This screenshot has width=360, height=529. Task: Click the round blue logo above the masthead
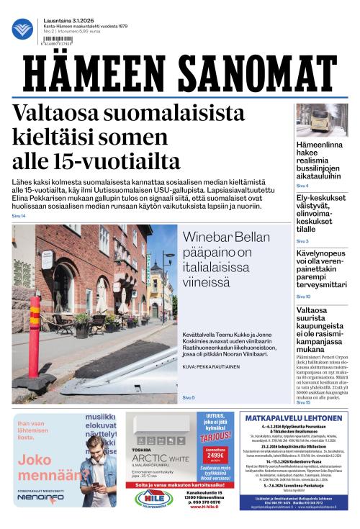[22, 29]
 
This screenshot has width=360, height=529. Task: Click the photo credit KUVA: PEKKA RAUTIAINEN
[212, 366]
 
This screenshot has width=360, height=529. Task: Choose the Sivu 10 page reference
[303, 297]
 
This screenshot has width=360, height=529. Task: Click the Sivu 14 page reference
[18, 216]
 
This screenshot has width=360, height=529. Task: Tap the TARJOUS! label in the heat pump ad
[215, 436]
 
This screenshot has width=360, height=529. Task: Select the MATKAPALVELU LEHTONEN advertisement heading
[292, 418]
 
